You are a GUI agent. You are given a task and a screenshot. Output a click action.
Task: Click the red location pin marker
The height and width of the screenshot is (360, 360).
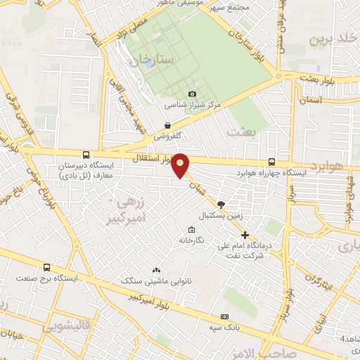pyautogui.click(x=181, y=165)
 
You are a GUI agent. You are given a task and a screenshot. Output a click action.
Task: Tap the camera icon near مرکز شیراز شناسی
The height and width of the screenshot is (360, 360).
pyautogui.click(x=192, y=94)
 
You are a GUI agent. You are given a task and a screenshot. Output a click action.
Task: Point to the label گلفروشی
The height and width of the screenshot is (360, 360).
pyautogui.click(x=168, y=134)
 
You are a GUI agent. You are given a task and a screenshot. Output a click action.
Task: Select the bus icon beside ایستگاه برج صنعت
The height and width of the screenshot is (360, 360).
pyautogui.click(x=46, y=267)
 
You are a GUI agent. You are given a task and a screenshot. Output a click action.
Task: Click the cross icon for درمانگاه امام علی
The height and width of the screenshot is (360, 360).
pyautogui.click(x=245, y=234)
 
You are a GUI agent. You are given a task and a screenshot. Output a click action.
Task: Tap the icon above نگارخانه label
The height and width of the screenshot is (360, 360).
pyautogui.click(x=191, y=230)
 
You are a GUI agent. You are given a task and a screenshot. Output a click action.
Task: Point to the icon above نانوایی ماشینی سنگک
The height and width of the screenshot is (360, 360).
pyautogui.click(x=156, y=270)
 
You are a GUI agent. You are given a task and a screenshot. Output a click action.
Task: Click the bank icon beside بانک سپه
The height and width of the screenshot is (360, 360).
pyautogui.click(x=224, y=317)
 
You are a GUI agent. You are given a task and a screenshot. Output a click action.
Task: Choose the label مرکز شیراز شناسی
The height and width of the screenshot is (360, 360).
pyautogui.click(x=193, y=104)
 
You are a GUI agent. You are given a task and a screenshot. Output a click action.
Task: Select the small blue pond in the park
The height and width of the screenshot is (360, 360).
pyautogui.click(x=149, y=63)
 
